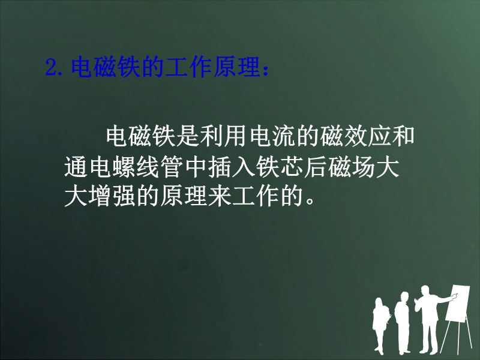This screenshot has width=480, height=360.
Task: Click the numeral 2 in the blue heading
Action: pyautogui.click(x=51, y=67)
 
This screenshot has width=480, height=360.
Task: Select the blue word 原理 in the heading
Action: pyautogui.click(x=236, y=67)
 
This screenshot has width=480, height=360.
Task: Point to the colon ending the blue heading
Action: pyautogui.click(x=265, y=70)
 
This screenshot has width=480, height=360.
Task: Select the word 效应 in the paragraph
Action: pyautogui.click(x=368, y=135)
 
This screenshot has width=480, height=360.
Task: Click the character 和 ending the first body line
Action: pyautogui.click(x=403, y=135)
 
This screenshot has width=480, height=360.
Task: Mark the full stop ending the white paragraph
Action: pyautogui.click(x=310, y=201)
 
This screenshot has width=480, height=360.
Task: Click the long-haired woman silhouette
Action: pyautogui.click(x=381, y=325)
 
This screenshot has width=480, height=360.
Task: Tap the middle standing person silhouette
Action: pyautogui.click(x=402, y=322)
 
